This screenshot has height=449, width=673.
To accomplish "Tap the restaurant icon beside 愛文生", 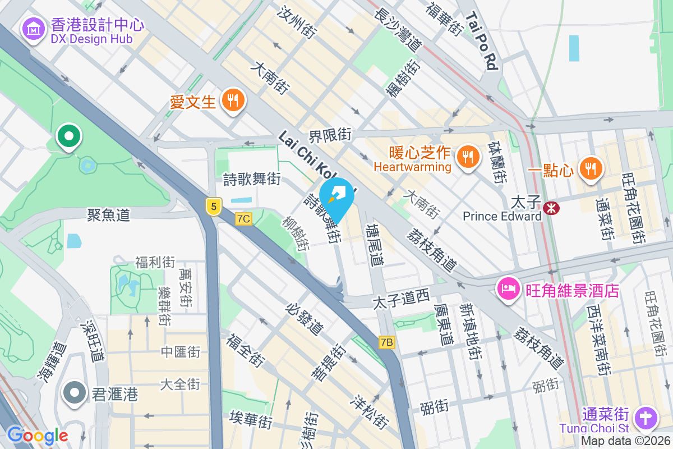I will pyautogui.click(x=232, y=101).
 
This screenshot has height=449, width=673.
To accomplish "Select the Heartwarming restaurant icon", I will pyautogui.click(x=467, y=155).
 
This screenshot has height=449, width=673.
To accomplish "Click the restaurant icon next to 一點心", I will pyautogui.click(x=590, y=167).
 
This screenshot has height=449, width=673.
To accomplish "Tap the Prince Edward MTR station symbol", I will pyautogui.click(x=551, y=208).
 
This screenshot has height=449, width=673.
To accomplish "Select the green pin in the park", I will pyautogui.click(x=69, y=136).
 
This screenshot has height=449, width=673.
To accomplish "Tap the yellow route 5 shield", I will pyautogui.click(x=213, y=206).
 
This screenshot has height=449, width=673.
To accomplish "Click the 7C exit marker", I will pyautogui.click(x=243, y=219).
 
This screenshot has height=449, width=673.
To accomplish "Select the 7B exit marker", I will pyautogui.click(x=388, y=342).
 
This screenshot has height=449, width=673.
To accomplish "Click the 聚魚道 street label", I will pyautogui.click(x=109, y=215).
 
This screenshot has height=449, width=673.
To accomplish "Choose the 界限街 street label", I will pyautogui.click(x=330, y=135).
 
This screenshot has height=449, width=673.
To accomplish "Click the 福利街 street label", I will pyautogui.click(x=155, y=262).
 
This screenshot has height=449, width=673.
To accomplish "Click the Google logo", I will pyautogui.click(x=37, y=436).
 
